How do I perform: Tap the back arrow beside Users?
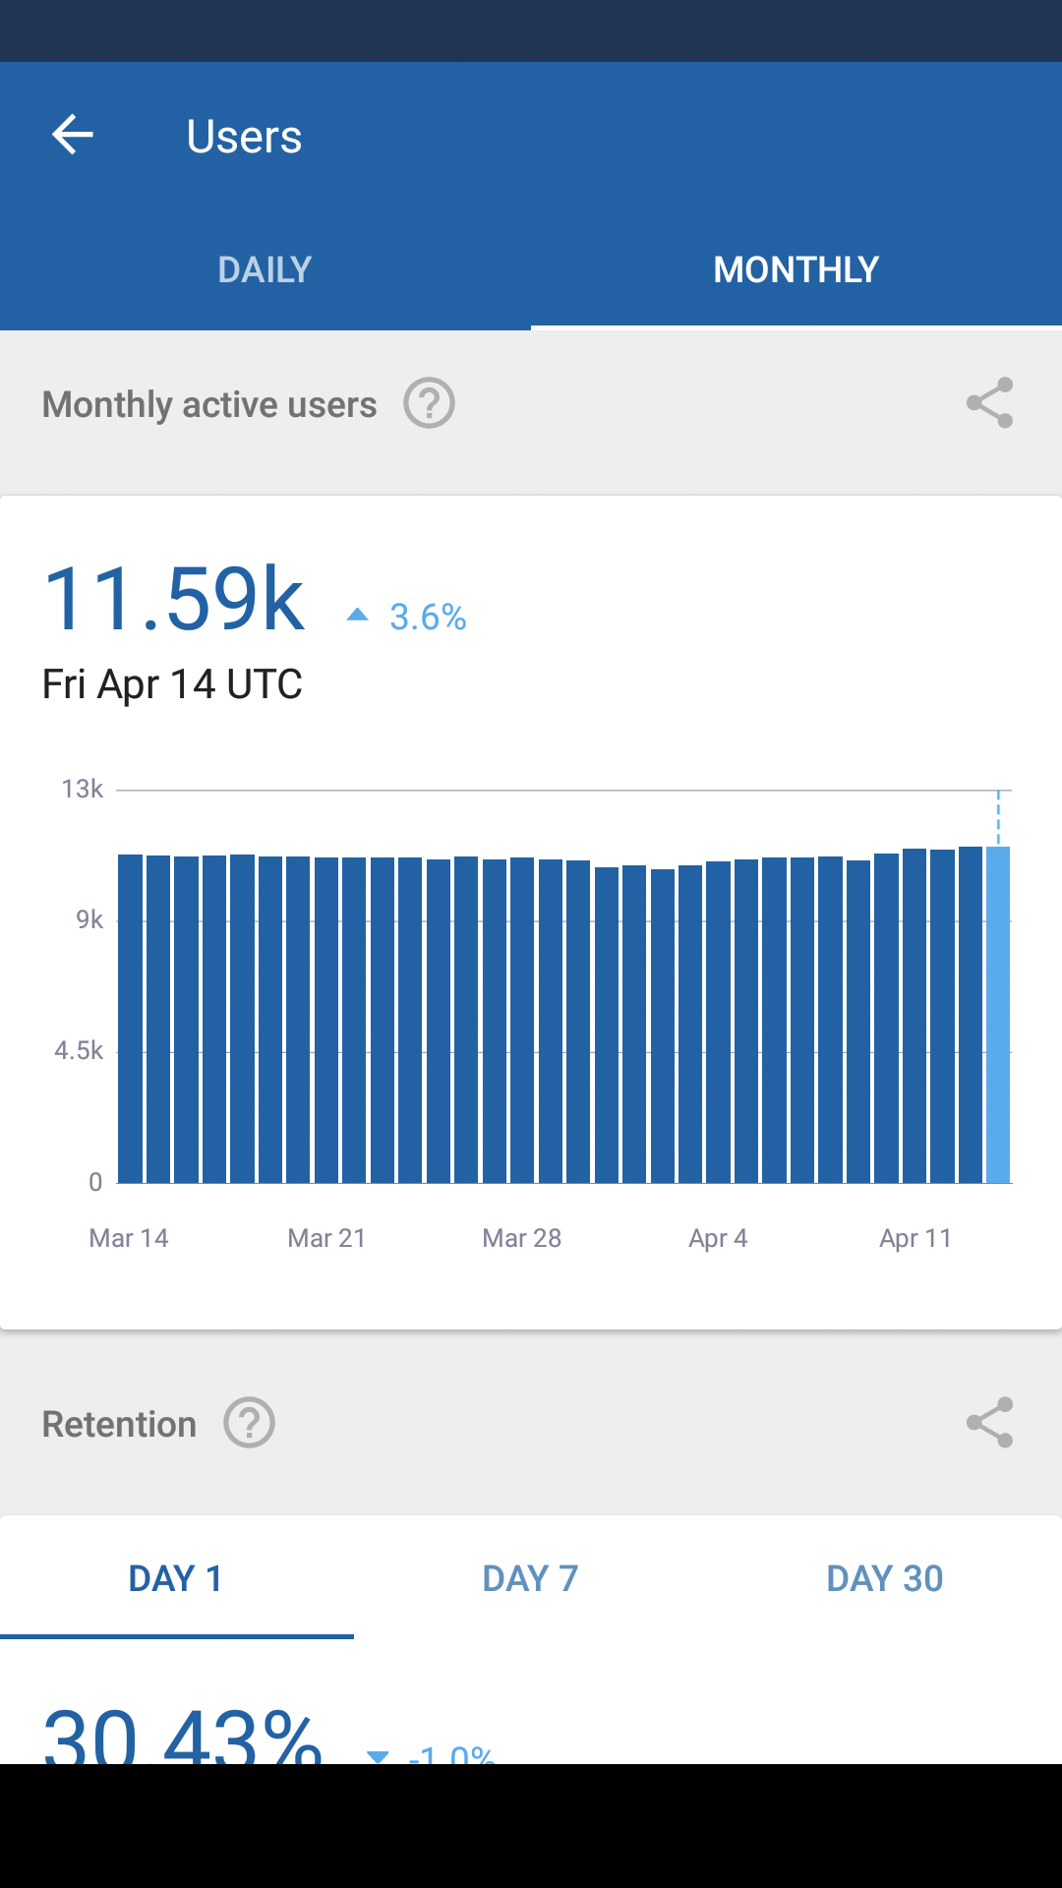(73, 135)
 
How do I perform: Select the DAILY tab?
(265, 269)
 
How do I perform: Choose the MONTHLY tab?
(796, 269)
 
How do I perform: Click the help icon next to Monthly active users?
(429, 403)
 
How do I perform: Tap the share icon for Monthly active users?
(989, 403)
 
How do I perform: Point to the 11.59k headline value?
(174, 599)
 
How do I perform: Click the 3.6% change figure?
(427, 618)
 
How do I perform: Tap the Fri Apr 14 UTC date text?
(172, 684)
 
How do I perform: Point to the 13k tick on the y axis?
(83, 789)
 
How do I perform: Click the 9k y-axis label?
(89, 919)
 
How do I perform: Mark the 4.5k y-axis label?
(79, 1051)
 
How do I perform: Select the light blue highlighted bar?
(998, 1013)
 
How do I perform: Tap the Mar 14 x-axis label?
(129, 1238)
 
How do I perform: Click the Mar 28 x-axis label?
(521, 1238)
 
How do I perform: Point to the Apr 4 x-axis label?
(718, 1238)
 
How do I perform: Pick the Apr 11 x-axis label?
(915, 1238)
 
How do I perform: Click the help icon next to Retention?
(249, 1423)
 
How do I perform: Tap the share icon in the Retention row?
(989, 1423)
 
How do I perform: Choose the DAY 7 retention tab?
(530, 1578)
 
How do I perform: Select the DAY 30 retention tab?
(884, 1578)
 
